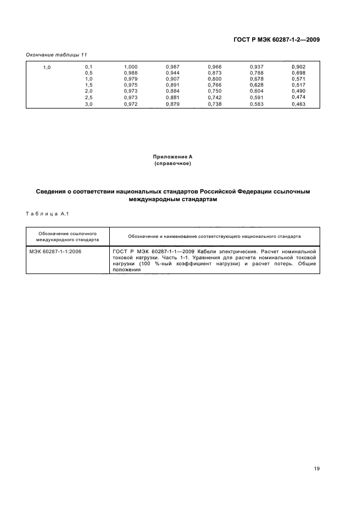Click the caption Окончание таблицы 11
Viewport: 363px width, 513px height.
coord(57,55)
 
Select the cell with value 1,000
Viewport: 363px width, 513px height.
coord(131,67)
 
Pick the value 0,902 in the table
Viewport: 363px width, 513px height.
coord(298,67)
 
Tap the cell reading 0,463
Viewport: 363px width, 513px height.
coord(298,103)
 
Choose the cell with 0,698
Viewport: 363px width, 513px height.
coord(298,73)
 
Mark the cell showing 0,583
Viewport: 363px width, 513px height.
coord(256,103)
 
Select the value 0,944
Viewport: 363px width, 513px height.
coord(172,73)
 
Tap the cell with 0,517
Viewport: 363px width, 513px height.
coord(298,85)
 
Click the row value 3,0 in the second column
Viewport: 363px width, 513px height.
coord(88,103)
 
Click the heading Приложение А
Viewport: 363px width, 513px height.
coord(172,157)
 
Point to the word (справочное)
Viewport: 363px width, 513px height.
coord(172,163)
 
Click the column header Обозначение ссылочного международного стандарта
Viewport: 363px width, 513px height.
coord(68,236)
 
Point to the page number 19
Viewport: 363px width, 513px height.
coord(317,469)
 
